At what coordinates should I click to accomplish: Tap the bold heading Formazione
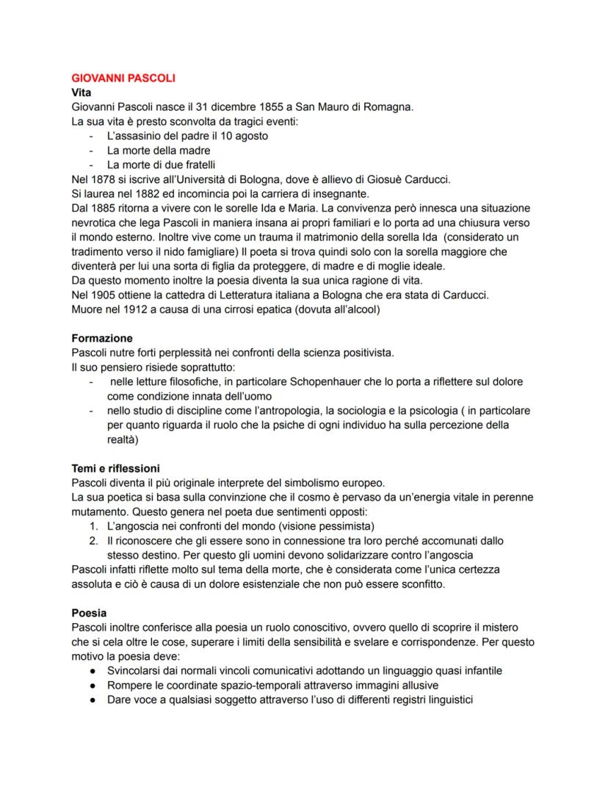pyautogui.click(x=102, y=339)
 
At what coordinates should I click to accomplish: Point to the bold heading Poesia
pyautogui.click(x=89, y=612)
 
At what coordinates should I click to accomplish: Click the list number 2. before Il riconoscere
pyautogui.click(x=93, y=540)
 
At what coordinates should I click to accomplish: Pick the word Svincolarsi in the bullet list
pyautogui.click(x=137, y=671)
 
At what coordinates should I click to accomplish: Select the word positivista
pyautogui.click(x=363, y=353)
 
